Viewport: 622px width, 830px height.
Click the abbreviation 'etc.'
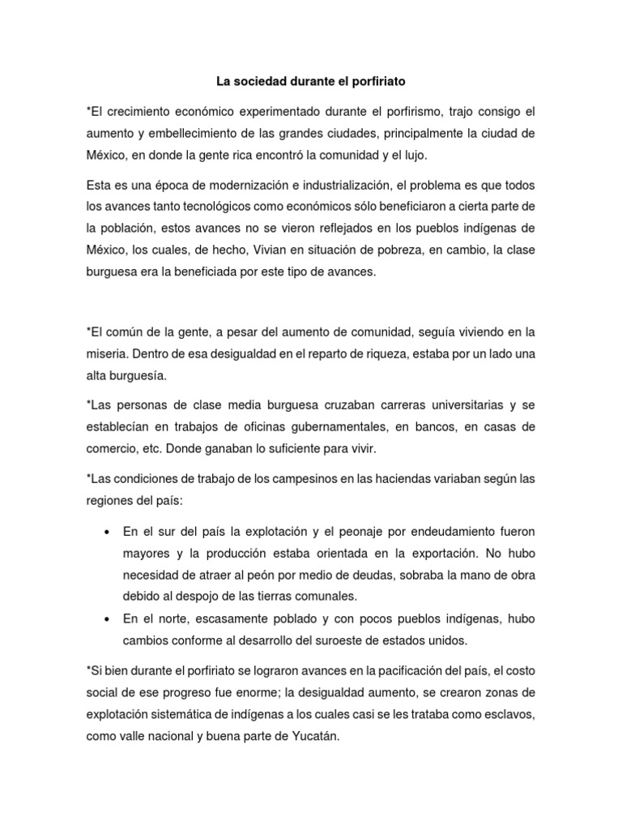click(x=174, y=448)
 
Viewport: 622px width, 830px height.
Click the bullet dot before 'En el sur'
click(x=107, y=533)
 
